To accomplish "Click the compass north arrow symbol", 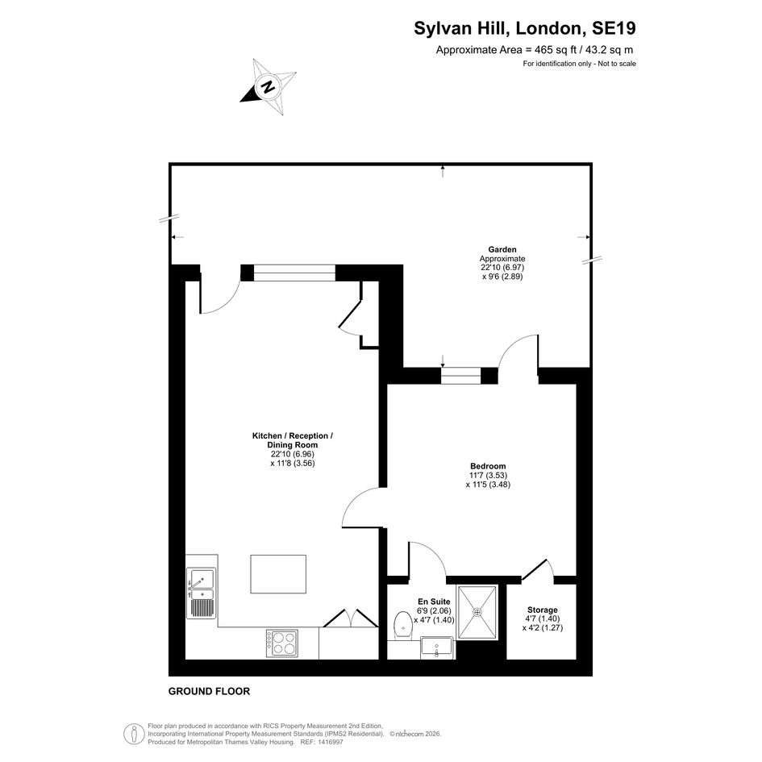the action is click(269, 87).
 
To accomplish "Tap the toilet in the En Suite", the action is click(403, 626).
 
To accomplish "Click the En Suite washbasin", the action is click(437, 647).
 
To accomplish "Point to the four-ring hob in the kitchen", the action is click(282, 643).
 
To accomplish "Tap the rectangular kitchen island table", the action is click(278, 574).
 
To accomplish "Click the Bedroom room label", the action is click(488, 466).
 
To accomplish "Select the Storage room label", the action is click(543, 610).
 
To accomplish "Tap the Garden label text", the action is click(502, 250).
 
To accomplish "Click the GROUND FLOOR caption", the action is click(209, 691).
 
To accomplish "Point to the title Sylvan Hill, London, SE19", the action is click(524, 28).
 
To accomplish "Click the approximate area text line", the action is click(535, 49).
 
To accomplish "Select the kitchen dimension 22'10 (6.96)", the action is click(293, 454).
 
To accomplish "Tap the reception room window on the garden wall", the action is click(294, 273).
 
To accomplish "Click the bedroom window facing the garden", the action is click(460, 376).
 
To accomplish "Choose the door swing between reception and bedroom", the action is click(361, 507).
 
